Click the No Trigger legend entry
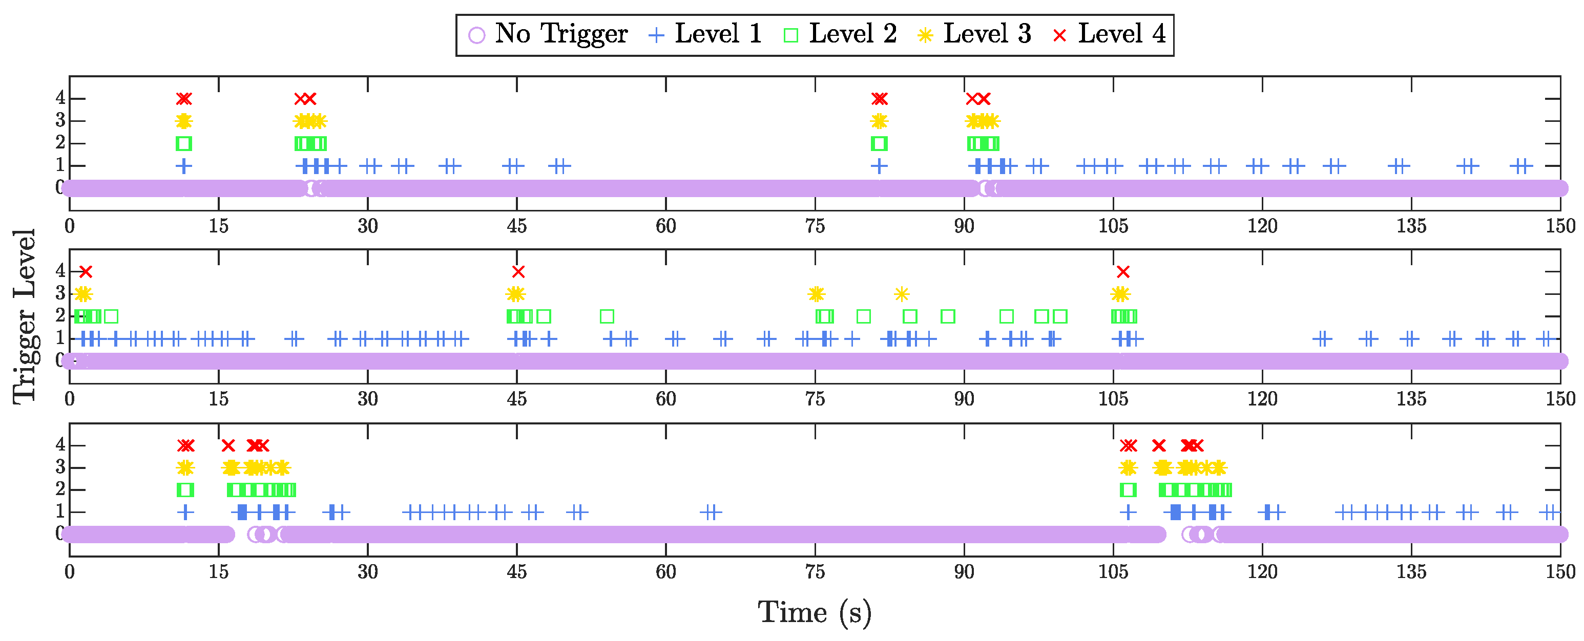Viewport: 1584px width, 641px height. (547, 34)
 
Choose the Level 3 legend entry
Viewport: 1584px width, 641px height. (974, 34)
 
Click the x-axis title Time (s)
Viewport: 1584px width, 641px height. (814, 613)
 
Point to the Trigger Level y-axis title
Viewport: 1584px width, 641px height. (25, 316)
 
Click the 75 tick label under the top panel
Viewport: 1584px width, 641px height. (815, 226)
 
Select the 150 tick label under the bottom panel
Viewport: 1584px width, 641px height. (1560, 572)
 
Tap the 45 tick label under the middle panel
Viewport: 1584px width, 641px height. (516, 399)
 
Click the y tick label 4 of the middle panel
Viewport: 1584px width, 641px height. (60, 270)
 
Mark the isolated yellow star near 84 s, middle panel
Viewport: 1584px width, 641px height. (902, 294)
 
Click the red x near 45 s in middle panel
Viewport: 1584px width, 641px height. (518, 272)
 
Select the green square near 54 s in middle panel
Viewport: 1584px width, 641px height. (607, 316)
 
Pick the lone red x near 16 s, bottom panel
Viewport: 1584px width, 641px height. (228, 445)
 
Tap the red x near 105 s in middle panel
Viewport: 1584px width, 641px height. (1123, 272)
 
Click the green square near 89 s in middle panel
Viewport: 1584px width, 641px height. (948, 316)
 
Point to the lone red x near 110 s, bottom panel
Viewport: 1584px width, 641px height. (1158, 445)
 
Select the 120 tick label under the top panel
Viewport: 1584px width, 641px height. (1262, 226)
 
